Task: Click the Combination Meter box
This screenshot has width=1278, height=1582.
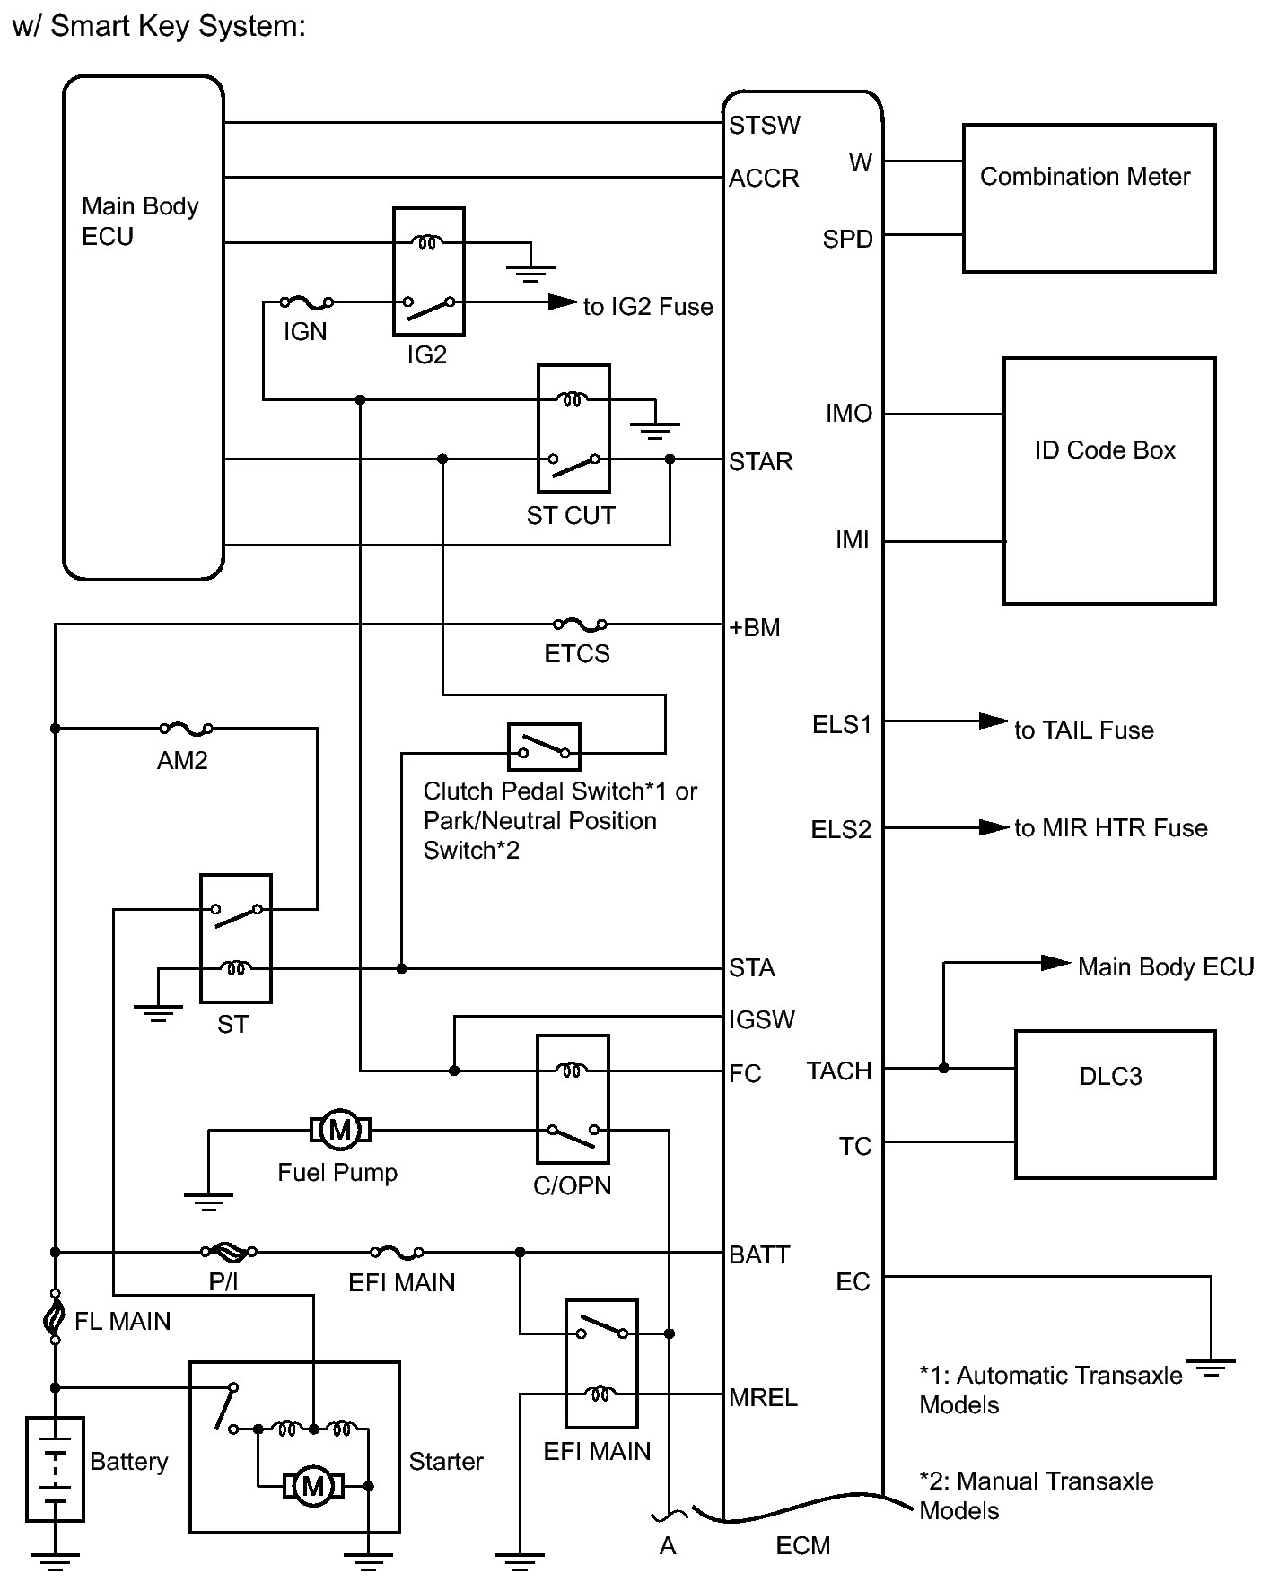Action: pyautogui.click(x=1089, y=197)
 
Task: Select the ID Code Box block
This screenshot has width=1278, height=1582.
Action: pyautogui.click(x=1109, y=480)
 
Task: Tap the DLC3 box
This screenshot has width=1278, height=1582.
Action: pyautogui.click(x=1115, y=1104)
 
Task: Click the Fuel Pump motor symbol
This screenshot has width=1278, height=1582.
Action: pyautogui.click(x=340, y=1129)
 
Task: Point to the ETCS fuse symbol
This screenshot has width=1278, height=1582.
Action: pyautogui.click(x=579, y=624)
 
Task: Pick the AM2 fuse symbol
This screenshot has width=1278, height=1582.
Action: pyautogui.click(x=186, y=728)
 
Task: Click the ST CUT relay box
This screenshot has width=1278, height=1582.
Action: pyautogui.click(x=573, y=428)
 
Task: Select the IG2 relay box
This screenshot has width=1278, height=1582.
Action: pyautogui.click(x=428, y=271)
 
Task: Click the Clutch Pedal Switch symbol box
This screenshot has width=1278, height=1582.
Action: pyautogui.click(x=544, y=747)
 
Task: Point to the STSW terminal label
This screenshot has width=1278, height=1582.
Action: pyautogui.click(x=764, y=125)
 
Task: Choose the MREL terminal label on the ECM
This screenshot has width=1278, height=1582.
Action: pyautogui.click(x=763, y=1397)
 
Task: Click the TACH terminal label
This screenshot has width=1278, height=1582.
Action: pyautogui.click(x=839, y=1071)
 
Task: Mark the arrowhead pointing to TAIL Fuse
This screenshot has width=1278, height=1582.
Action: pyautogui.click(x=994, y=721)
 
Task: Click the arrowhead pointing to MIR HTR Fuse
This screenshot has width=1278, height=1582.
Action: pyautogui.click(x=994, y=826)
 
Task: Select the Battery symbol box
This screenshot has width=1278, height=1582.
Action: pyautogui.click(x=55, y=1469)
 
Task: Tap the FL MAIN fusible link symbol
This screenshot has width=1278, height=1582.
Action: pyautogui.click(x=55, y=1319)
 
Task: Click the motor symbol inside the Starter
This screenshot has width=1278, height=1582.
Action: pyautogui.click(x=312, y=1486)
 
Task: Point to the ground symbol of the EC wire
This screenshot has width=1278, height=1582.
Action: pyautogui.click(x=1211, y=1369)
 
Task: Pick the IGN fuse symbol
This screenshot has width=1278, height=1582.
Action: pyautogui.click(x=305, y=303)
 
